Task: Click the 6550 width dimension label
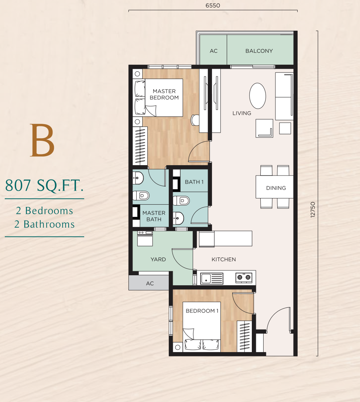213,6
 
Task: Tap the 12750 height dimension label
313,210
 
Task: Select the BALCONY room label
259,51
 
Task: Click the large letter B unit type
42,140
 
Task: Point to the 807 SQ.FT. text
44,185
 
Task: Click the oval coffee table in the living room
257,96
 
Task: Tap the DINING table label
276,188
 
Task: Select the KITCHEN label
224,259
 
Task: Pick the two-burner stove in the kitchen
244,277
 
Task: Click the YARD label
158,259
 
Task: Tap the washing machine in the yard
145,238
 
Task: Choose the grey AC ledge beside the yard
149,283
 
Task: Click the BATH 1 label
194,182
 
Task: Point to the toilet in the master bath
141,195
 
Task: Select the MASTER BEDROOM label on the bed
164,94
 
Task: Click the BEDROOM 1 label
202,311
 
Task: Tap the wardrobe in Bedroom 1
244,336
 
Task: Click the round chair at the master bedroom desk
195,120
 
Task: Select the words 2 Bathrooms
45,224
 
